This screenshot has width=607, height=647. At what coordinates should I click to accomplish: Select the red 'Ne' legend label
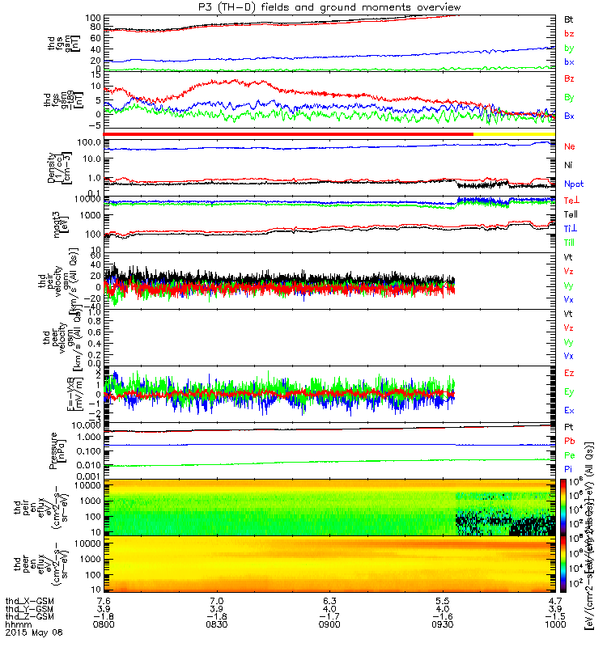[x=569, y=146]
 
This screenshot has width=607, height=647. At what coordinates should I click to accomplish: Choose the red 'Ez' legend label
[x=569, y=372]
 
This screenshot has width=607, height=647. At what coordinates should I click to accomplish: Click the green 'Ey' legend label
[x=569, y=391]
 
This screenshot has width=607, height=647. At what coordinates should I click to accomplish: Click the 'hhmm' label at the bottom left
[x=15, y=625]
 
